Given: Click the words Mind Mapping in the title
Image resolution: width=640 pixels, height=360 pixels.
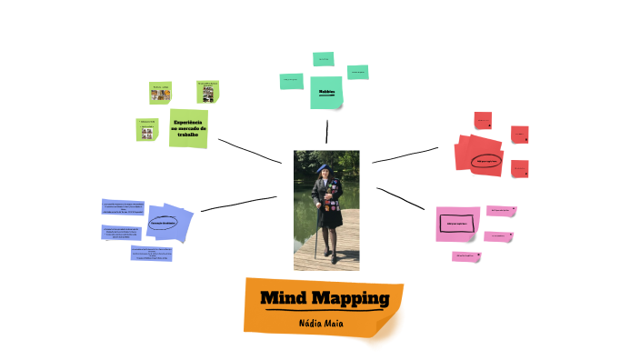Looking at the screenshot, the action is pyautogui.click(x=325, y=299).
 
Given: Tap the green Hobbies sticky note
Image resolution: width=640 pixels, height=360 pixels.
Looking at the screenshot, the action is pyautogui.click(x=326, y=92).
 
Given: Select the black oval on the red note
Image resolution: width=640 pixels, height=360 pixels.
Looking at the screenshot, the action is pyautogui.click(x=486, y=161).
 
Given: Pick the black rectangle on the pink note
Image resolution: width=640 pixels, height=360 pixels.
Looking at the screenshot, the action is pyautogui.click(x=456, y=222).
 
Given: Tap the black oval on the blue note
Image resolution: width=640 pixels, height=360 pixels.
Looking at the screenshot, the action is pyautogui.click(x=163, y=223).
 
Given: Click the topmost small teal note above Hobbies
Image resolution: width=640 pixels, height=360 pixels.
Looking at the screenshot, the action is pyautogui.click(x=324, y=59).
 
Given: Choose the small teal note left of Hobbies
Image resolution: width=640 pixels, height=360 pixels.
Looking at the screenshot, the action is pyautogui.click(x=291, y=81).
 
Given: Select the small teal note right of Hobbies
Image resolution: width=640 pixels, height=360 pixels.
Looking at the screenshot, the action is pyautogui.click(x=357, y=72).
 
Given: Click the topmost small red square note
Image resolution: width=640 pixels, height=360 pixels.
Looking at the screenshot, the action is pyautogui.click(x=483, y=120).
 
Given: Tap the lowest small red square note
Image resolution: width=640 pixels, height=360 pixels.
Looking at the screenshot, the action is pyautogui.click(x=519, y=169).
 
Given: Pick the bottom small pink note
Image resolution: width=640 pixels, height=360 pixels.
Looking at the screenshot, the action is pyautogui.click(x=465, y=256).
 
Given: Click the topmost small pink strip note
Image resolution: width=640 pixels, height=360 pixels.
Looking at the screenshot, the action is pyautogui.click(x=501, y=211).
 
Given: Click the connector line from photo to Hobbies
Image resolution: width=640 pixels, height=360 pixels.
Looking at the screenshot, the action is pyautogui.click(x=325, y=132).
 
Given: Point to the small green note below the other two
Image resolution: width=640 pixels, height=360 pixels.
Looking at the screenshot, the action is pyautogui.click(x=147, y=130).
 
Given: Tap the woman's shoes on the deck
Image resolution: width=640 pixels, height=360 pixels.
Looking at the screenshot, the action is pyautogui.click(x=330, y=258).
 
